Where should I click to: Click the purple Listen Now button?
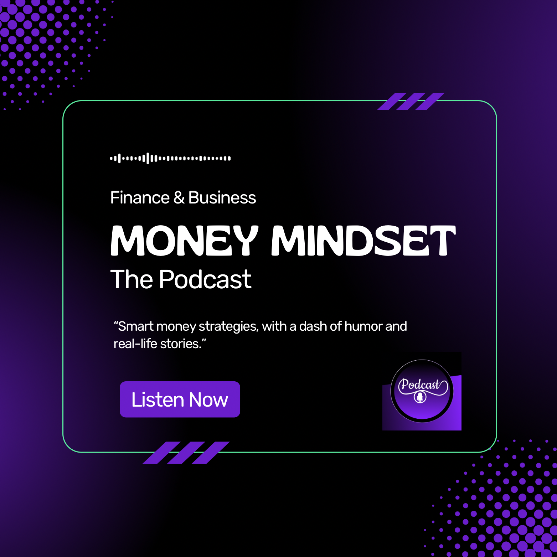click(180, 399)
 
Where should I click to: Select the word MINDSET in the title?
click(363, 241)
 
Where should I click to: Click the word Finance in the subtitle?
click(140, 198)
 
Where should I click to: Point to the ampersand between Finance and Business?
click(179, 198)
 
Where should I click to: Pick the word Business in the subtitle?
click(222, 198)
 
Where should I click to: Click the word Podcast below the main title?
click(205, 279)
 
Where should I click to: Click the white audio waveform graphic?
click(170, 158)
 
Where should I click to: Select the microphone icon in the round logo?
click(420, 397)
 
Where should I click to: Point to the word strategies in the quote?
click(228, 326)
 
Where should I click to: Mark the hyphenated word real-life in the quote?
click(135, 344)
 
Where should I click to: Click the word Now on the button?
click(208, 400)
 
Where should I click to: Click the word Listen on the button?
click(158, 400)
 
